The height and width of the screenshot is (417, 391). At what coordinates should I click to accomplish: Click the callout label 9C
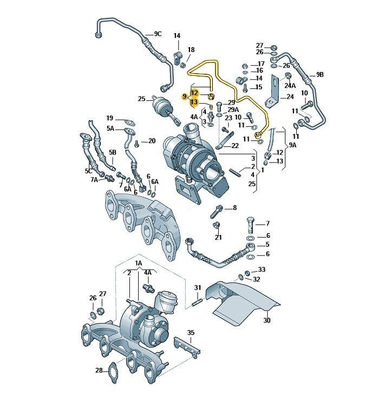click(x=158, y=34)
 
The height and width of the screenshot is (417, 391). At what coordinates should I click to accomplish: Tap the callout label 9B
click(x=320, y=75)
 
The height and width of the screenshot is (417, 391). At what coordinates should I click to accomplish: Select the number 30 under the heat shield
click(x=266, y=320)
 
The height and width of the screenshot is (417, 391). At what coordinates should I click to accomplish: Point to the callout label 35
click(x=191, y=333)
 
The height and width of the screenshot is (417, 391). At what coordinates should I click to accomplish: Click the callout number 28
click(x=99, y=370)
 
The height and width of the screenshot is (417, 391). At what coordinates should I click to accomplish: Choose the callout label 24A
click(x=290, y=86)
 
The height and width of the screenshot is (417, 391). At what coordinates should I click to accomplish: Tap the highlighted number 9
click(x=185, y=97)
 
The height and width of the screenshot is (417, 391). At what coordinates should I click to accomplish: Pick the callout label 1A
click(x=139, y=264)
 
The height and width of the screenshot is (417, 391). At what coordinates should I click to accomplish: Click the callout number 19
click(x=110, y=118)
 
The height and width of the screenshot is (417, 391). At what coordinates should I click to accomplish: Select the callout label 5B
click(x=112, y=152)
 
